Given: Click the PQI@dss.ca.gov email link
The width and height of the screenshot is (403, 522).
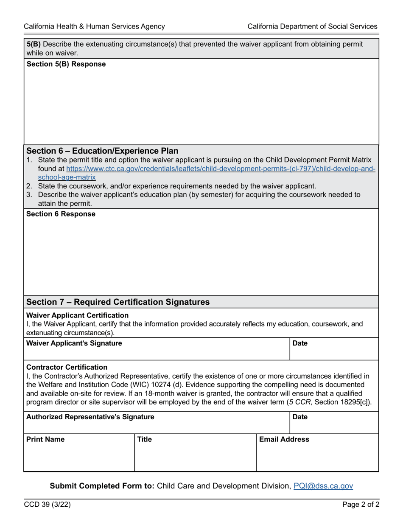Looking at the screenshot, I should [323, 486].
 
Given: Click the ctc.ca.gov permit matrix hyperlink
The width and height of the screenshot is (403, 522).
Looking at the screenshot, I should [221, 168].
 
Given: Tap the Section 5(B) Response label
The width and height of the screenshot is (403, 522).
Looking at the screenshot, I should [66, 64].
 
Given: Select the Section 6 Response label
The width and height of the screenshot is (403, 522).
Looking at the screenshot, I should [61, 214].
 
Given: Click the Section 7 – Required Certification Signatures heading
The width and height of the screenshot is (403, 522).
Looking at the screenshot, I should [118, 302].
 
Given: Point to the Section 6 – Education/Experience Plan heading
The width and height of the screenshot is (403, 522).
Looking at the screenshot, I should [102, 151].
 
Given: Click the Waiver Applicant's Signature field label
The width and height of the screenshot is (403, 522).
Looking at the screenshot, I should [74, 343].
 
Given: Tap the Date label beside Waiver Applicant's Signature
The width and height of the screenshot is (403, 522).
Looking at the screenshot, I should [299, 343].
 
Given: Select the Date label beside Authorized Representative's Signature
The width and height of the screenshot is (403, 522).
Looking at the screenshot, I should [299, 417].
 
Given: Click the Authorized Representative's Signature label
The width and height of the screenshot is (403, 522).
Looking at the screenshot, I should [90, 417].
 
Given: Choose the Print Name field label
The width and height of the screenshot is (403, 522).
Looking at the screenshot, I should [45, 439].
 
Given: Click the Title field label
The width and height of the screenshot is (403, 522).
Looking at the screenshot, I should [144, 439].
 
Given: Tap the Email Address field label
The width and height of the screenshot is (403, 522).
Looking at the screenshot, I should [284, 439].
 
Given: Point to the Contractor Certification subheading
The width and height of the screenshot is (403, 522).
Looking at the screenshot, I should [67, 367].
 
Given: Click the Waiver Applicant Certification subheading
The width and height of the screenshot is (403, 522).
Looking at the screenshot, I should [77, 315].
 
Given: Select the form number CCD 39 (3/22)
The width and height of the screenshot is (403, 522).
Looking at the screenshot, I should [47, 505].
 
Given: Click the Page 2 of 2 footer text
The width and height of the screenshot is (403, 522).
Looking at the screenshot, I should [361, 505].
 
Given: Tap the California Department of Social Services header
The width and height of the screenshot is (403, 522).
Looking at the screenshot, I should [312, 26].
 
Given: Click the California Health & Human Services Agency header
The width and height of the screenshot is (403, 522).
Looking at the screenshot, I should [94, 26].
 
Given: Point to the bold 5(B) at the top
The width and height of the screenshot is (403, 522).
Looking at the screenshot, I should [34, 44].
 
